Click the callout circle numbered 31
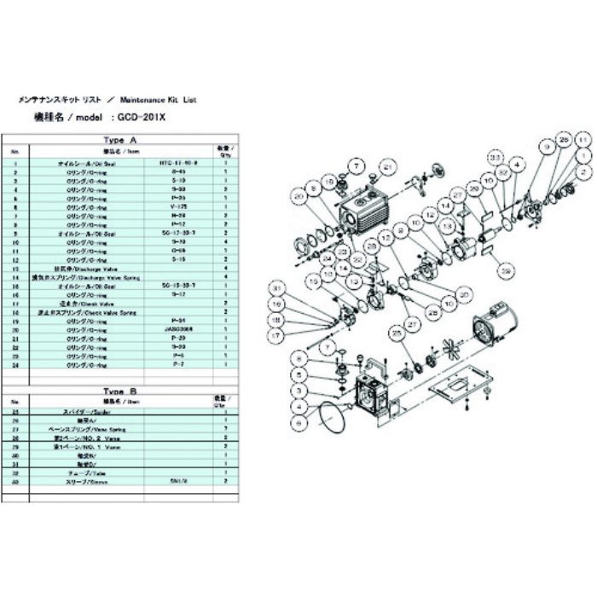[x=276, y=288]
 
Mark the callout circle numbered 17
[x=276, y=336]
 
